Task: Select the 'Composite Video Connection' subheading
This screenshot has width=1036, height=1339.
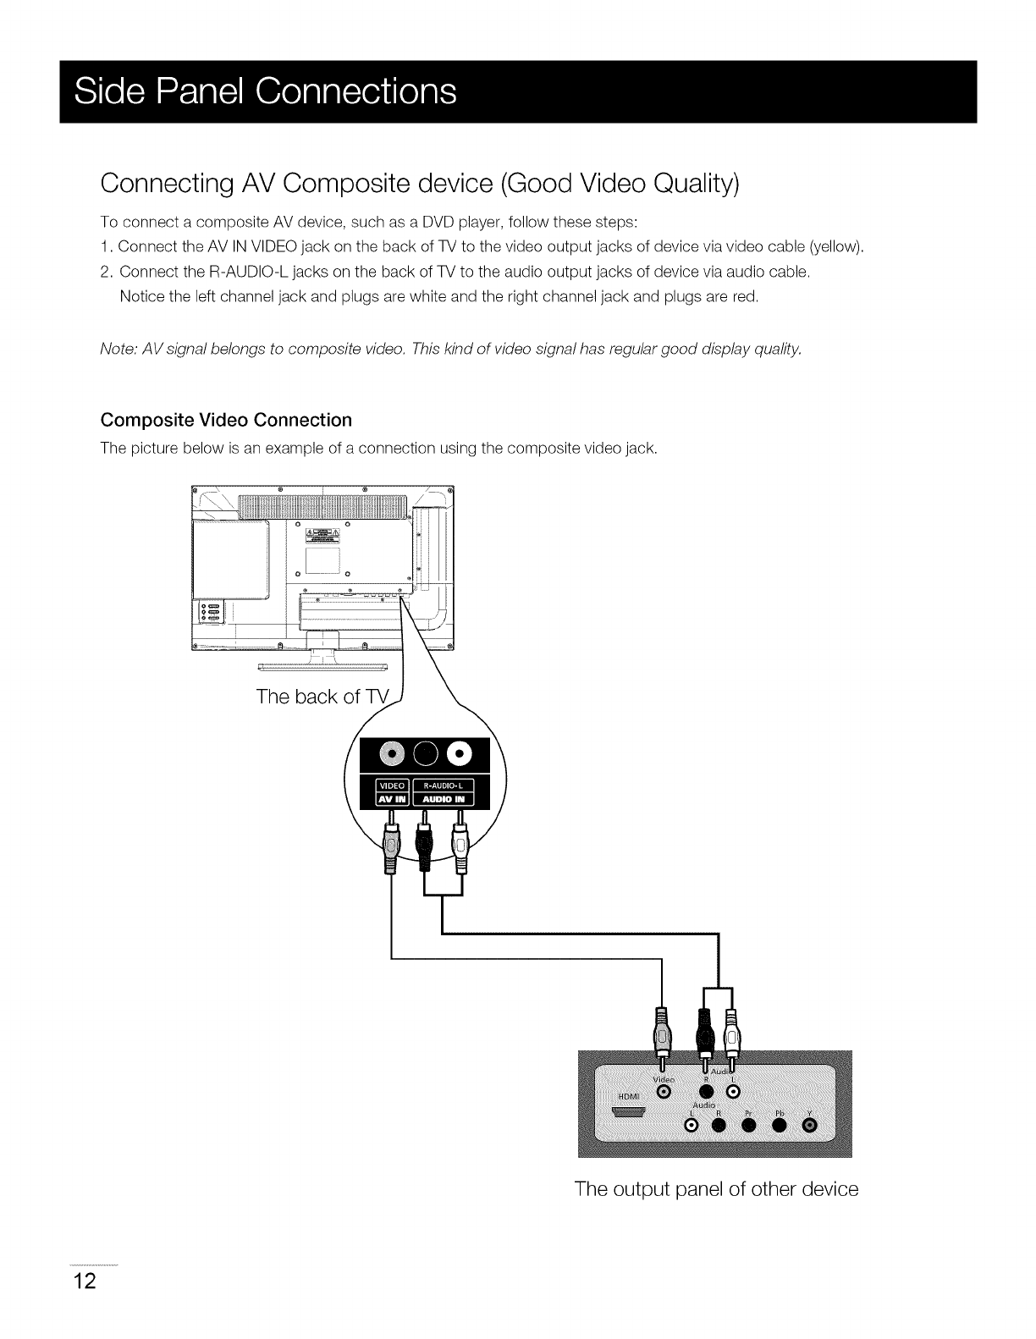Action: [x=226, y=421]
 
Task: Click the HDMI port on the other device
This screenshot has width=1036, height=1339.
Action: [x=628, y=1114]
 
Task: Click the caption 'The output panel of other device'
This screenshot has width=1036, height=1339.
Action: [x=716, y=1189]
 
